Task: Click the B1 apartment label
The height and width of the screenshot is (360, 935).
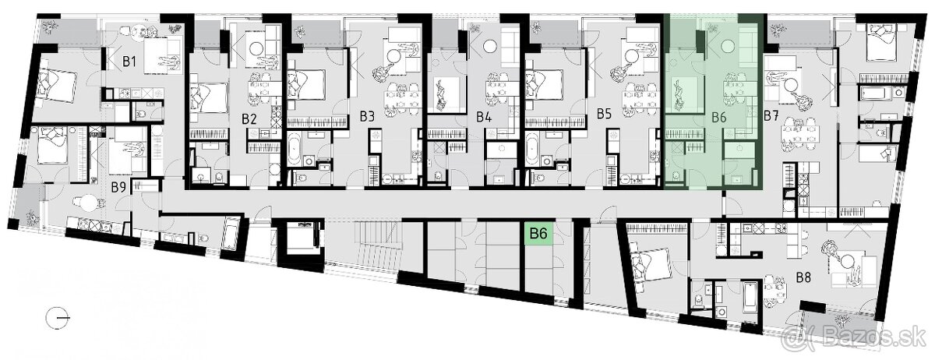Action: pos(129,62)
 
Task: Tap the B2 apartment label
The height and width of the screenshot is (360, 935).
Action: pos(249,119)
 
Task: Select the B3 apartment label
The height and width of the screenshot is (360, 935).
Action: pos(367,117)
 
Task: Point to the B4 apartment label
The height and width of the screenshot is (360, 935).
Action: pos(484,117)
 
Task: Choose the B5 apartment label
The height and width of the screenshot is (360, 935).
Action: pos(604,114)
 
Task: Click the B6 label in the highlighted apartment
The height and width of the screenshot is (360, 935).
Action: pos(718,118)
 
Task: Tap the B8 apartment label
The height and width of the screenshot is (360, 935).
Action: pos(803,277)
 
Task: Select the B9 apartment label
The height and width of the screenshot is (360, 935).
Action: pos(118,187)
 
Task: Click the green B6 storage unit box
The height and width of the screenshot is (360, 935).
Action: pos(538,233)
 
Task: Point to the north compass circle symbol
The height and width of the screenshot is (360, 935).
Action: pos(58,319)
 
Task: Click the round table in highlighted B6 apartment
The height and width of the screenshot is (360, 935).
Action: pos(729,44)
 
